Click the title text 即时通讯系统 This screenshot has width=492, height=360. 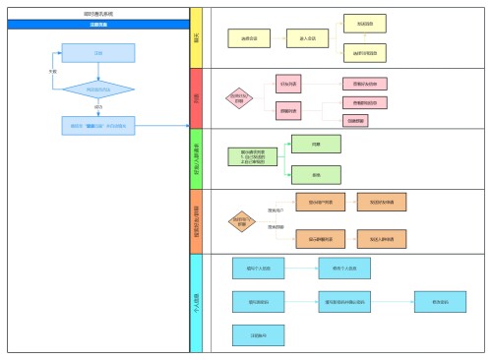point(97,15)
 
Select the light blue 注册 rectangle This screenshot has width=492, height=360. point(97,53)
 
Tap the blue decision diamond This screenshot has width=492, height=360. point(97,90)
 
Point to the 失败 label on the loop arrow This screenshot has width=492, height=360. point(51,72)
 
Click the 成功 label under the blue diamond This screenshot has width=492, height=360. point(97,107)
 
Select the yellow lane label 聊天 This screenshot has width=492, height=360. point(196,38)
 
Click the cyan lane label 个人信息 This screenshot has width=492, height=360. point(196,300)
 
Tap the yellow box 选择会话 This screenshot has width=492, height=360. point(249,39)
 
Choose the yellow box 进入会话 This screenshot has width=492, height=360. point(307,39)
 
